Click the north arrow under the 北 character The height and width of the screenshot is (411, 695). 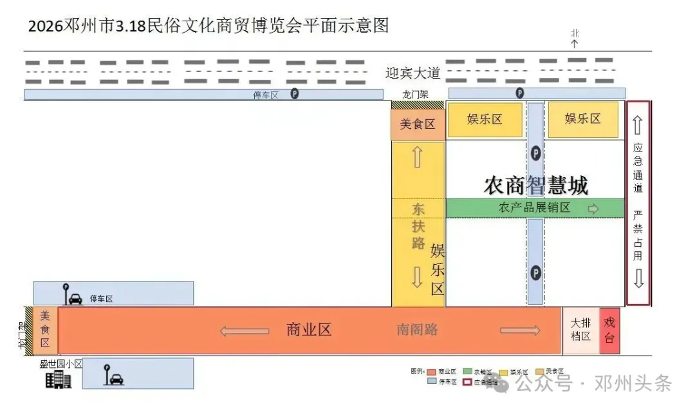pos(575,44)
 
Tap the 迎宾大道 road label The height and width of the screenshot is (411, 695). pos(412,73)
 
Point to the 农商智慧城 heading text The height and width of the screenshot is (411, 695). pos(535,186)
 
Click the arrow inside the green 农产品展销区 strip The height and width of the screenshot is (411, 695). pos(593,209)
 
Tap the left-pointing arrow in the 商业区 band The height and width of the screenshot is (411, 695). pos(245,331)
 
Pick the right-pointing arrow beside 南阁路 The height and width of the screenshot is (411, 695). pos(520,331)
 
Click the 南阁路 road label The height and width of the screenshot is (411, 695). pos(417,330)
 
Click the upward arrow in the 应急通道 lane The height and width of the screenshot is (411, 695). pos(638,126)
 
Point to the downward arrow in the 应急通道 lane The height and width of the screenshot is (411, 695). pos(638,278)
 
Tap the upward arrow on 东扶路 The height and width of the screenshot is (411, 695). pos(417,157)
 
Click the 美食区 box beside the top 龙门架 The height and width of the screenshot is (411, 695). pos(418,124)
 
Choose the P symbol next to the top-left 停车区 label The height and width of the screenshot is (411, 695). pos(295,94)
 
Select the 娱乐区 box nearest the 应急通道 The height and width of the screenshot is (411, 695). pos(582,119)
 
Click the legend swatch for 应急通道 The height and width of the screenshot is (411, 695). pos(467,381)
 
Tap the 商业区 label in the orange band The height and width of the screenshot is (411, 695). pos(309,330)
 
